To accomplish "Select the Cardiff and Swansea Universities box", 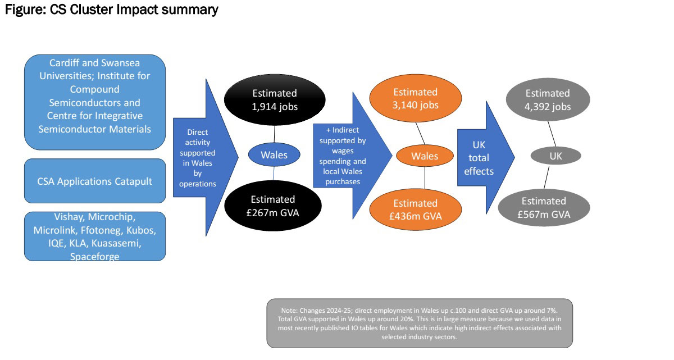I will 95,102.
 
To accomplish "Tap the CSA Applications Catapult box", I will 95,180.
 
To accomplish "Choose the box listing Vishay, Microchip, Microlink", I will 95,236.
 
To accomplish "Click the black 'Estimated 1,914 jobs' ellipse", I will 274,99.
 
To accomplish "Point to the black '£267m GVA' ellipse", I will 273,206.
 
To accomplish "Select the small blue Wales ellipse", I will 274,154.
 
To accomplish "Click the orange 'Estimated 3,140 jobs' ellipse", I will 415,98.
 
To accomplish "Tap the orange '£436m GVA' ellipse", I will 415,209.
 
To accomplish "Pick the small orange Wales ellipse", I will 425,156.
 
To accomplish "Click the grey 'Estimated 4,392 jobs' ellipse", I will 548,99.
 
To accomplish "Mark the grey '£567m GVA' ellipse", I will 544,207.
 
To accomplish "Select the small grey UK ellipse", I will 555,155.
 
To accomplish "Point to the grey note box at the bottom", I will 420,323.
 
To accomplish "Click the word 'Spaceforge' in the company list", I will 94,256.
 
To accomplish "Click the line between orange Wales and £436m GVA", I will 425,179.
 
